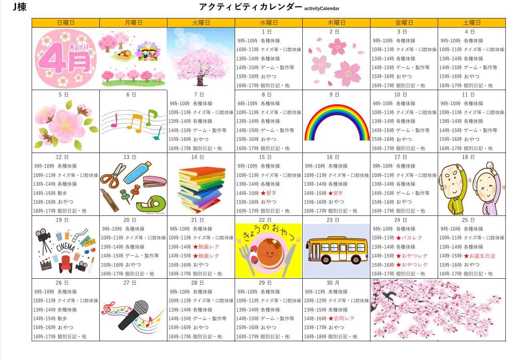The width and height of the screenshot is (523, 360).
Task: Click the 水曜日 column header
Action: pos(268,23)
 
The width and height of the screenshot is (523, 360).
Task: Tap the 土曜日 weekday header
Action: pos(472,23)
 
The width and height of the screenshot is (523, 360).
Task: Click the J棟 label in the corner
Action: pos(20,7)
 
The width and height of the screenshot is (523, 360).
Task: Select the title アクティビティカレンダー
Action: pos(250,7)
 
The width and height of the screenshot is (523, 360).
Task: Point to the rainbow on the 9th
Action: pos(337,122)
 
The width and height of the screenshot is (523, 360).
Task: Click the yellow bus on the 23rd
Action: pos(336,250)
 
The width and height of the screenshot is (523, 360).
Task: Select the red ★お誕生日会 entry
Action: pos(480,256)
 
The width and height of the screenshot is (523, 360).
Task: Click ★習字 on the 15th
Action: pos(268,193)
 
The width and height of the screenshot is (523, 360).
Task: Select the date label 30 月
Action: pos(333,283)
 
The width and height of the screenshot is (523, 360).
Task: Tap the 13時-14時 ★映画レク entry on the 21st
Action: pos(206,247)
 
